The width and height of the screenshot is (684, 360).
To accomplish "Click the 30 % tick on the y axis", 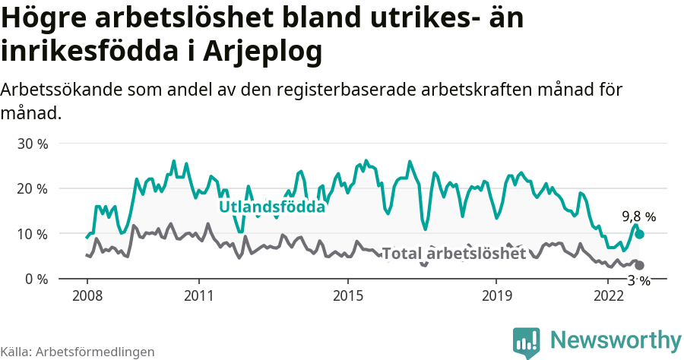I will tap(33, 144).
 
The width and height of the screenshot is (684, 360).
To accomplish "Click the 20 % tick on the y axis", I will tap(33, 188).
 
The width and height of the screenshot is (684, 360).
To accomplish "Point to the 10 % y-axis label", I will tap(33, 234).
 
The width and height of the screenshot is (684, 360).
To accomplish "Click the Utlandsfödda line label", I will tap(272, 207).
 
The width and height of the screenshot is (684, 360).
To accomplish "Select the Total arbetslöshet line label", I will tap(454, 254).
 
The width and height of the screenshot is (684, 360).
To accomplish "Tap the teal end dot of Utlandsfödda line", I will tap(639, 235).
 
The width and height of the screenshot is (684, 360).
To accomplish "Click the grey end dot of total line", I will tap(639, 265).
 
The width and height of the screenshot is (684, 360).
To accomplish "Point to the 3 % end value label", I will tap(638, 281).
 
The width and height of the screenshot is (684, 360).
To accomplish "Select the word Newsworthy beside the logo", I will tap(616, 339).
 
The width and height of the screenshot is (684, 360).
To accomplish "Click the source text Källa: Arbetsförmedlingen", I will tap(78, 352).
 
